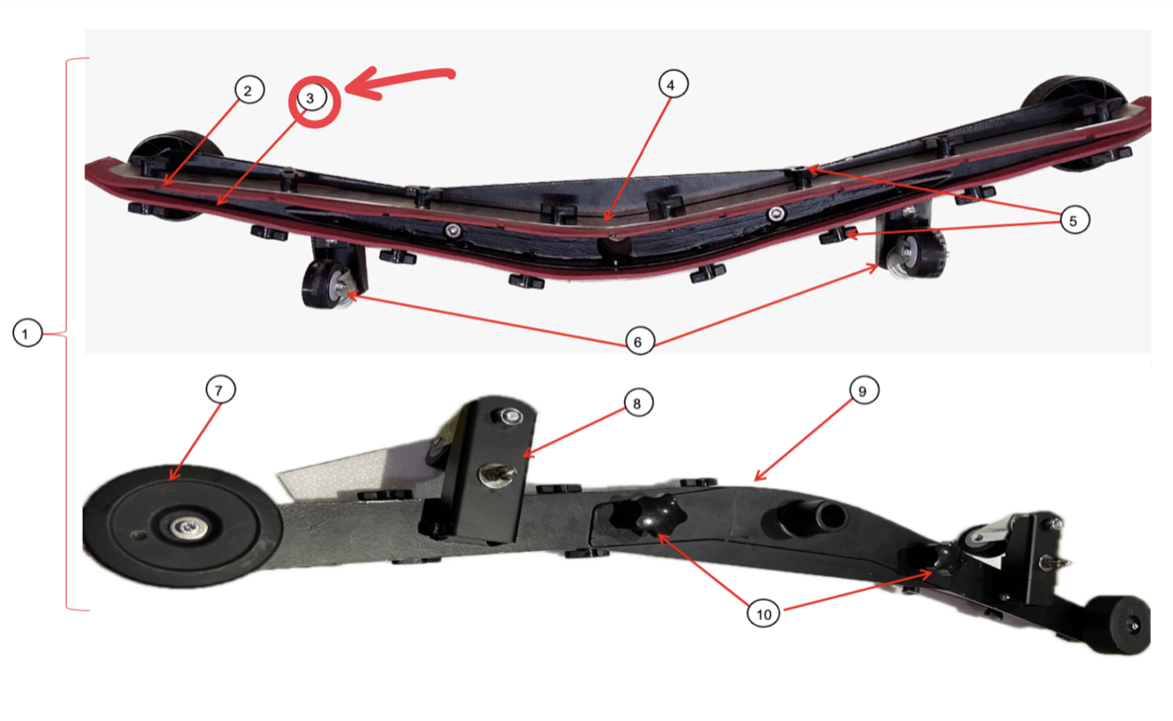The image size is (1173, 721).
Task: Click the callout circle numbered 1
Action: [28, 333]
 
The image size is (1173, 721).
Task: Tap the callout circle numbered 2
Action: [249, 90]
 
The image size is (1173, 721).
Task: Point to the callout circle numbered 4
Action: [673, 84]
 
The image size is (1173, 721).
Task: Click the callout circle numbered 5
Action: [1075, 220]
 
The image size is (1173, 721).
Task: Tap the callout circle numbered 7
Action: [221, 389]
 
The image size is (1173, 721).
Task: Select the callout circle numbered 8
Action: [638, 402]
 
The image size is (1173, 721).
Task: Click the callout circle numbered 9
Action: [864, 390]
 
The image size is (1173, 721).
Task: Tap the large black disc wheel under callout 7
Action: [182, 526]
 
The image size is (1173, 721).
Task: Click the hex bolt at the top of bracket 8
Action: [510, 417]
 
